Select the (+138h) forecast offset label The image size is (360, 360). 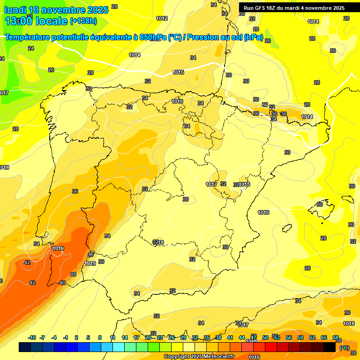pyautogui.click(x=83, y=21)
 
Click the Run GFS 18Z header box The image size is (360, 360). pyautogui.click(x=294, y=8)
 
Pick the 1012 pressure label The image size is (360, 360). pyautogui.click(x=162, y=18)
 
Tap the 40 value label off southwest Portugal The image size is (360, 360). pyautogui.click(x=62, y=283)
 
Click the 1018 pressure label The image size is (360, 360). pyautogui.click(x=349, y=323)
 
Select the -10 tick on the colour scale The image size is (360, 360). pyautogui.click(x=32, y=338)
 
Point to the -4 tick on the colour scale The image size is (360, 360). pyautogui.click(x=54, y=338)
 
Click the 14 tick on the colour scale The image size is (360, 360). pyautogui.click(x=125, y=338)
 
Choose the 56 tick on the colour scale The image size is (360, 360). pyautogui.click(x=289, y=338)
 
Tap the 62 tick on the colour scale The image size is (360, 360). pyautogui.click(x=312, y=338)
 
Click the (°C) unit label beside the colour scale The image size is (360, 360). pyautogui.click(x=345, y=348)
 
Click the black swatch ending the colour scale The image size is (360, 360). pyautogui.click(x=330, y=347)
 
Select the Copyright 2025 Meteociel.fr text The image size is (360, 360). pyautogui.click(x=199, y=356)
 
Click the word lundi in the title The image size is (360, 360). pyautogui.click(x=15, y=10)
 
